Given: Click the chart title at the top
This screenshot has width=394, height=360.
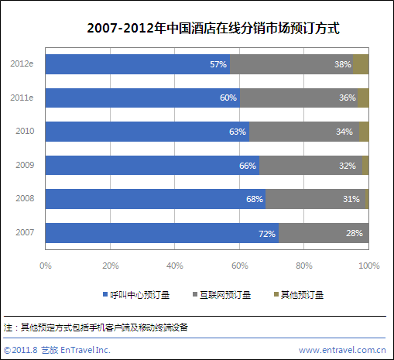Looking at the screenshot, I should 214,29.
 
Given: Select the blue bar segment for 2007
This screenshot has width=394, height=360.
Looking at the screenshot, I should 162,233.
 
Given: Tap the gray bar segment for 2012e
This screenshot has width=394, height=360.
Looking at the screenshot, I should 291,64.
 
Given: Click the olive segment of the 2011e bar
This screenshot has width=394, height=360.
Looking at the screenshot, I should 362,98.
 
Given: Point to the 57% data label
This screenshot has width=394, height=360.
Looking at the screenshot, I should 218,64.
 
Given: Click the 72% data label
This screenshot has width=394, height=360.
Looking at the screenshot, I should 267,233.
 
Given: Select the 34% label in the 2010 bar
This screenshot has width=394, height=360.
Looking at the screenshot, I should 344,132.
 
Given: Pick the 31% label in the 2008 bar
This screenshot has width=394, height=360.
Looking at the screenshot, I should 352,199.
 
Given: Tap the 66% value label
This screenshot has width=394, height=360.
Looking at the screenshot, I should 248,166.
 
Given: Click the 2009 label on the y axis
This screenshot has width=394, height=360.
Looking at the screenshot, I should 25,165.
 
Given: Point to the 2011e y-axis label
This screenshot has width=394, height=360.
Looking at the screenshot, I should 22,98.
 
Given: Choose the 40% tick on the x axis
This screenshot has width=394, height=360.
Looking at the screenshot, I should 175,266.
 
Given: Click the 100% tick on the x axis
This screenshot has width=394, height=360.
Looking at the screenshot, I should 368,266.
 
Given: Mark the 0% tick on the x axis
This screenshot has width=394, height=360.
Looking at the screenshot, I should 46,266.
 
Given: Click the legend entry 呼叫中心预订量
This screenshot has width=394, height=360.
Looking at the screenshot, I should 135,295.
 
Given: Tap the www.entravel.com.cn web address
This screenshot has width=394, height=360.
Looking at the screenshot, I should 341,350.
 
